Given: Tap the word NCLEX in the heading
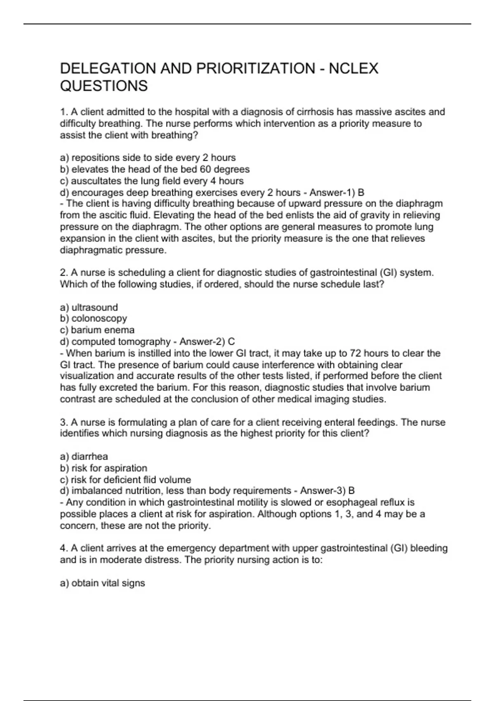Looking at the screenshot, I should click(x=354, y=68).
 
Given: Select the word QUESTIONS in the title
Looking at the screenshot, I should click(x=104, y=86).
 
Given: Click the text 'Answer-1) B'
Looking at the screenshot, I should click(x=337, y=193).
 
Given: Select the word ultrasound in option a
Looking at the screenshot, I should click(x=94, y=308).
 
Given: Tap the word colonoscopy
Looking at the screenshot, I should click(x=99, y=319).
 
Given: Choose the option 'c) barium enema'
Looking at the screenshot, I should click(x=97, y=330).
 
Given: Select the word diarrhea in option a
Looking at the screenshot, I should click(x=90, y=456).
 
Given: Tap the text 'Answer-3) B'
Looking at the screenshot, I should click(x=327, y=491).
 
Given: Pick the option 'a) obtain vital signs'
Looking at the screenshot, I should click(x=102, y=583).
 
